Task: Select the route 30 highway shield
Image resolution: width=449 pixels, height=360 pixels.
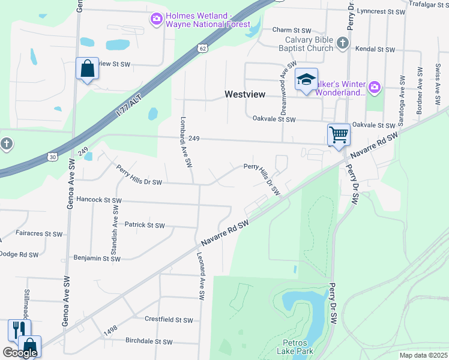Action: [53, 157]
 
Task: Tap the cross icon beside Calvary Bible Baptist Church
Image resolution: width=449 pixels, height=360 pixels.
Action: [342, 43]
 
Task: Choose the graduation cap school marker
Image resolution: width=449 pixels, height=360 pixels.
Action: [306, 80]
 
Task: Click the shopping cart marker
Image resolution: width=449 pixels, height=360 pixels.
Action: [339, 134]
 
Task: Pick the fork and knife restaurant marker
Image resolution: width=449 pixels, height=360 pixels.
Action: [18, 329]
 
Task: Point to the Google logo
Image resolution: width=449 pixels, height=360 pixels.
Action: [20, 353]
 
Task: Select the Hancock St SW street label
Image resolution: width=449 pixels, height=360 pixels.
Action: [99, 200]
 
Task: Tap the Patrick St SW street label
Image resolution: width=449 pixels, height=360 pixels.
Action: [144, 225]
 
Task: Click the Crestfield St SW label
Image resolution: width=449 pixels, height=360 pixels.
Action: [169, 320]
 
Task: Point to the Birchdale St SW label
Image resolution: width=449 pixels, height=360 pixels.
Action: [149, 341]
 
